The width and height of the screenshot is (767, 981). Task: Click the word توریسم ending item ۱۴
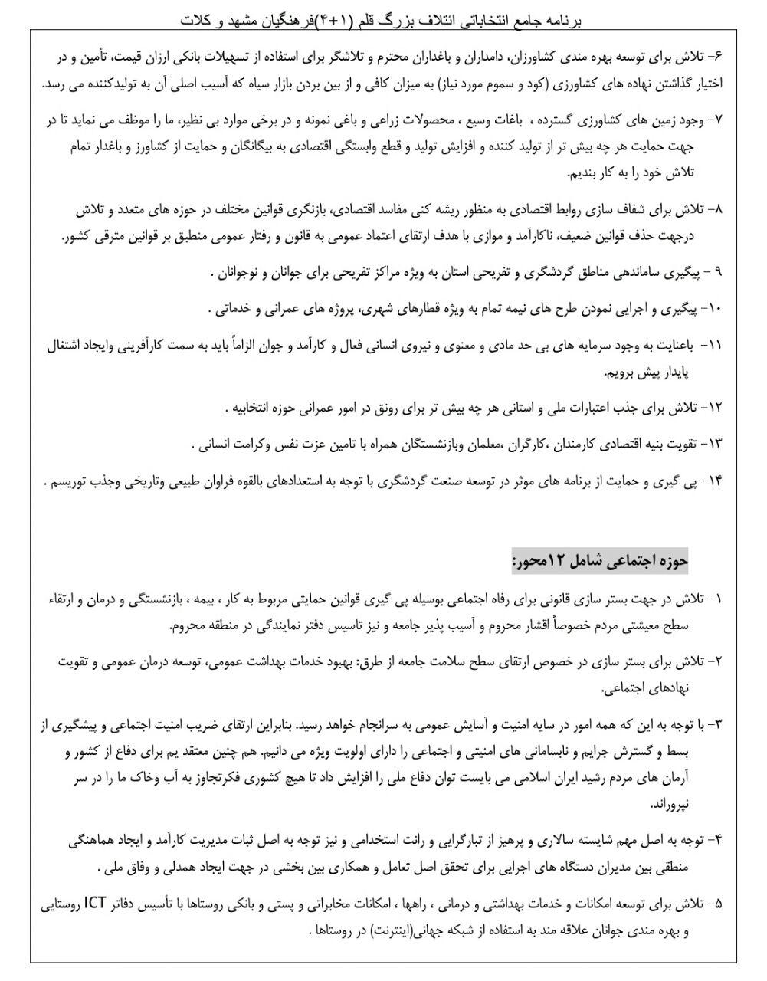click(72, 481)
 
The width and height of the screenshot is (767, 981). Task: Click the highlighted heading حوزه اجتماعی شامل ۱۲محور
click(601, 561)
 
